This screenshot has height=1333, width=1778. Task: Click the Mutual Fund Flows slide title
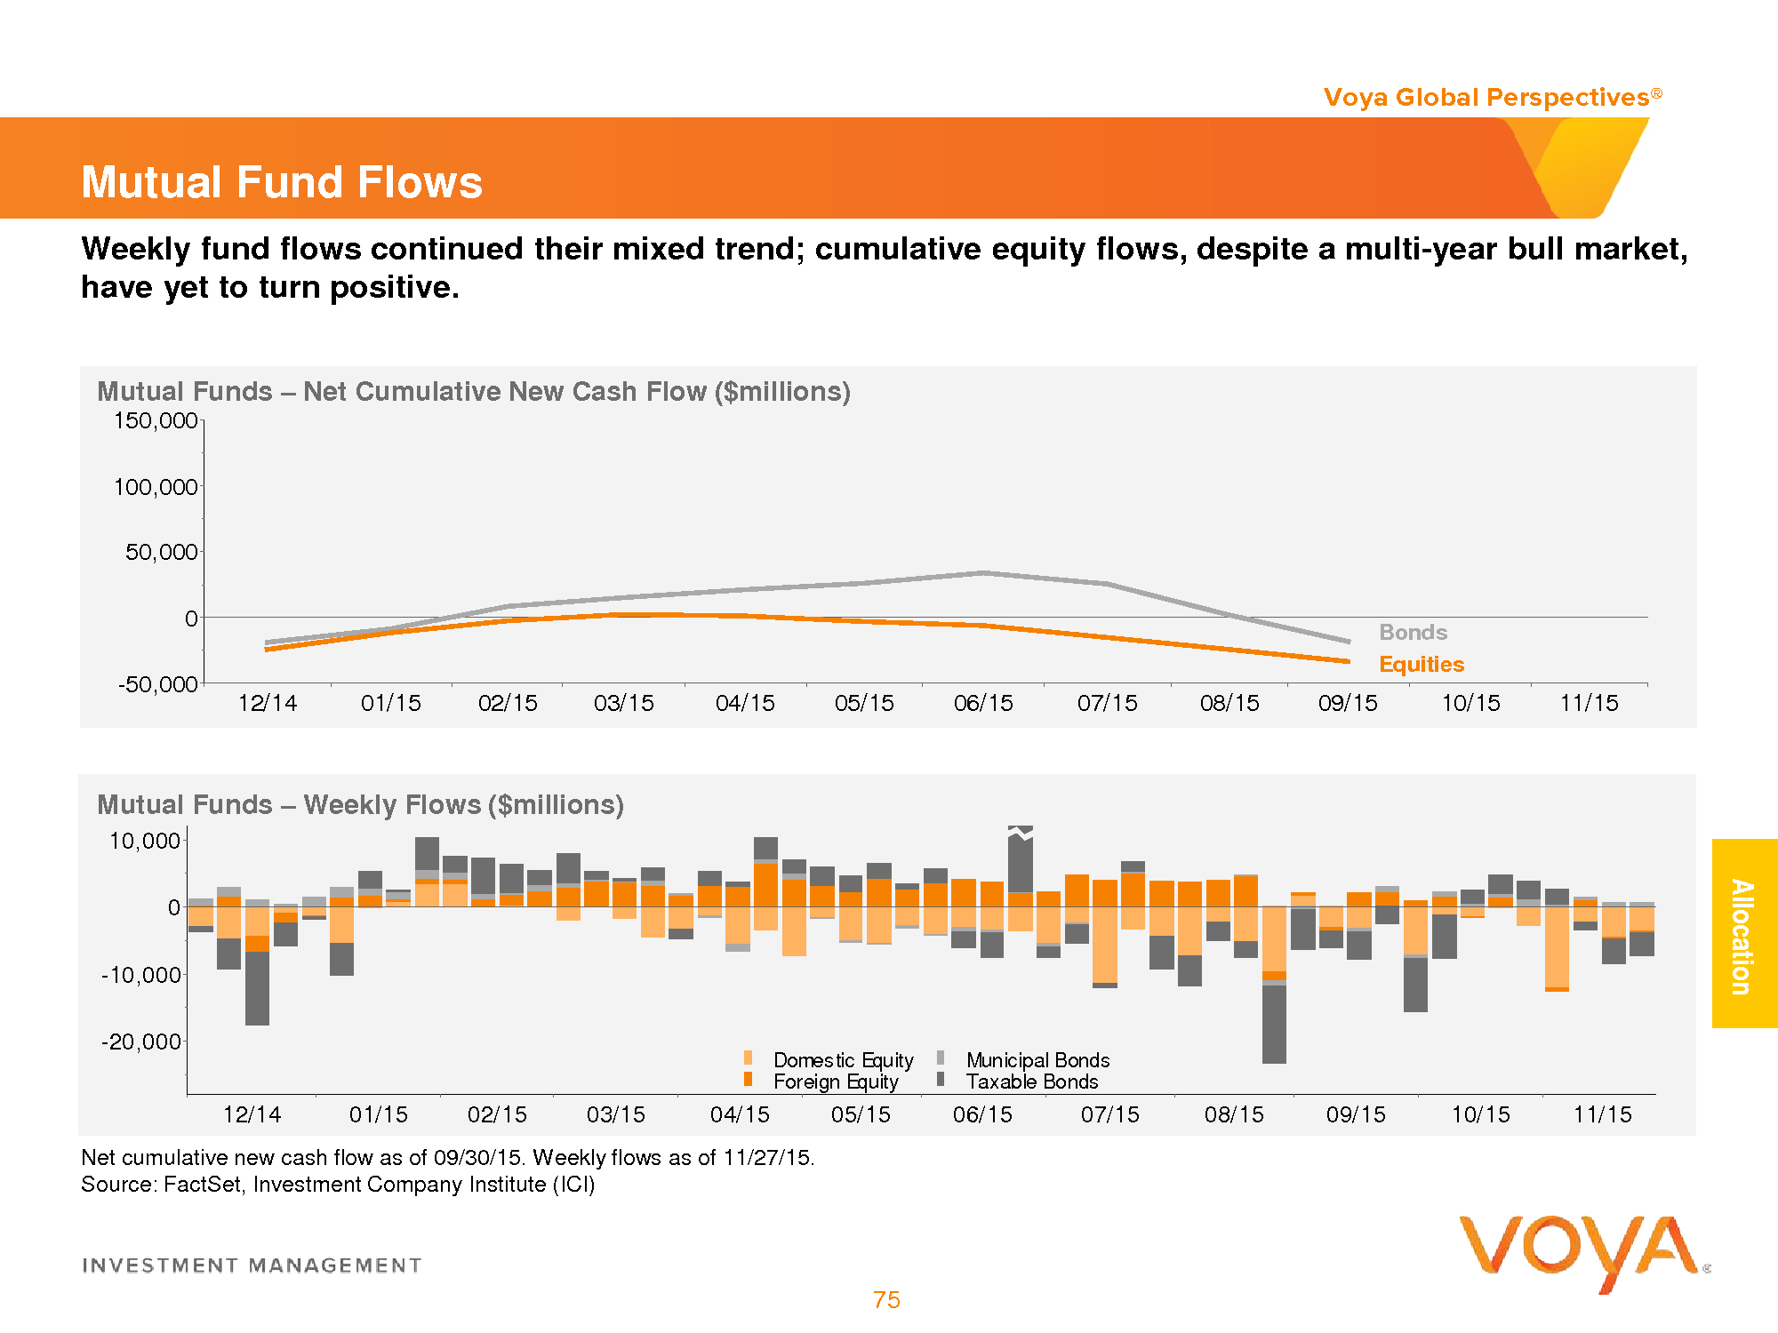pyautogui.click(x=281, y=182)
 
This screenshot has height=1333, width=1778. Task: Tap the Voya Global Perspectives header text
pyautogui.click(x=1486, y=97)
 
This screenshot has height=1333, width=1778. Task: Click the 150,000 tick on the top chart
pyautogui.click(x=156, y=420)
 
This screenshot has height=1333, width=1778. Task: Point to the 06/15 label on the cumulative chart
pyautogui.click(x=983, y=703)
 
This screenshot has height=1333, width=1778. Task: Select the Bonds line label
pyautogui.click(x=1413, y=632)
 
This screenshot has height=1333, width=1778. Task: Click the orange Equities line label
pyautogui.click(x=1421, y=664)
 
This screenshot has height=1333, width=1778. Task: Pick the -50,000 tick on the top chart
pyautogui.click(x=157, y=683)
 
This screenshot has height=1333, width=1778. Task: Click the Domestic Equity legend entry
pyautogui.click(x=842, y=1059)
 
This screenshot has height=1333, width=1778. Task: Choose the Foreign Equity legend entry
pyautogui.click(x=835, y=1082)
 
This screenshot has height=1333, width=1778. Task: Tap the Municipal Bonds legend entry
pyautogui.click(x=1037, y=1059)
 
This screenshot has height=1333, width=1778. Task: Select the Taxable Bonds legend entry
pyautogui.click(x=1031, y=1082)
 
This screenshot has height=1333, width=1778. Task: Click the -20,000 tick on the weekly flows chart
pyautogui.click(x=140, y=1042)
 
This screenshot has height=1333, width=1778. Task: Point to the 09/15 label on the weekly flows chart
pyautogui.click(x=1356, y=1114)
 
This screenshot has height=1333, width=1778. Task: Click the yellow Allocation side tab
pyautogui.click(x=1743, y=934)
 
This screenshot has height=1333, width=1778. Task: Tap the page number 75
pyautogui.click(x=886, y=1300)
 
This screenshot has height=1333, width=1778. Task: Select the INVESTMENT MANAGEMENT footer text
pyautogui.click(x=252, y=1265)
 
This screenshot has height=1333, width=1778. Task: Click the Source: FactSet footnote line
pyautogui.click(x=338, y=1185)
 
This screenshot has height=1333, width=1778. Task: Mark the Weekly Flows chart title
pyautogui.click(x=360, y=804)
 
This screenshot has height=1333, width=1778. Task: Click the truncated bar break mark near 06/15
pyautogui.click(x=1021, y=832)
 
